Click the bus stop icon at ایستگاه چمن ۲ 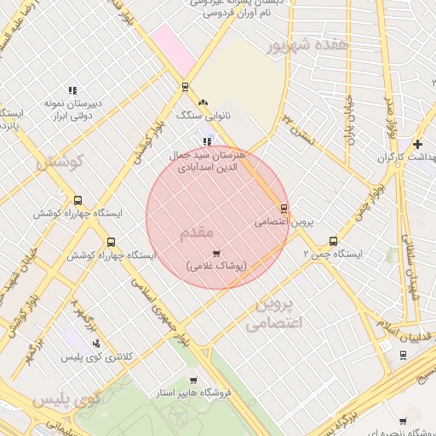[332, 241]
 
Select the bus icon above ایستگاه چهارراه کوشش [78, 200]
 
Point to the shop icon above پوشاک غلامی [216, 253]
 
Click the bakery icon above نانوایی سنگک [203, 101]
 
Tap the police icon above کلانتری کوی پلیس [96, 344]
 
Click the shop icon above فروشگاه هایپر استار [193, 381]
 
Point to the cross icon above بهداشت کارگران [417, 144]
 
